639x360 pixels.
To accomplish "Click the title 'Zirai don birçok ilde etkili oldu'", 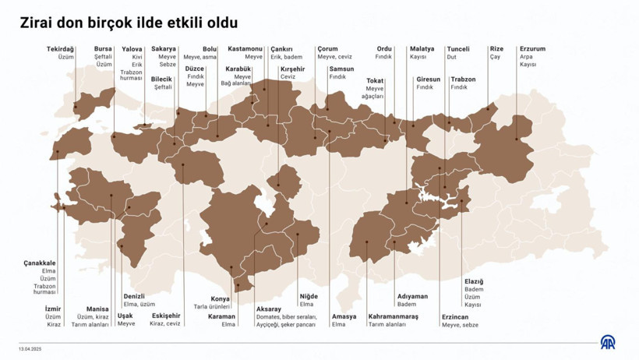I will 129,23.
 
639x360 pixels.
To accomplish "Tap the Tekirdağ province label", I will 60,49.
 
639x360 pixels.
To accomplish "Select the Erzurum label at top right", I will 533,49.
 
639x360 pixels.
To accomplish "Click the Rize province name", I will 496,49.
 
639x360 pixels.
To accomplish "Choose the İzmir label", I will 53,309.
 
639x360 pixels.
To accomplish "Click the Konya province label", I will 221,299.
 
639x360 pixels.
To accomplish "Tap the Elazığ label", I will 474,281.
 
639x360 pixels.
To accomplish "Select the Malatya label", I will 422,49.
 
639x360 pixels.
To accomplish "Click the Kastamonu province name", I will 245,49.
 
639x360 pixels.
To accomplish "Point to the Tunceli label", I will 458,49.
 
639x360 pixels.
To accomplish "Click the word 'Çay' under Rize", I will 495,57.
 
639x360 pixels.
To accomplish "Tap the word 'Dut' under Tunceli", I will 452,57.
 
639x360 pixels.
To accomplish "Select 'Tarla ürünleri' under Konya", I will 211,307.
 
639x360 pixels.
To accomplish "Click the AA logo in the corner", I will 607,342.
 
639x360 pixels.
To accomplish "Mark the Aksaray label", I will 269,309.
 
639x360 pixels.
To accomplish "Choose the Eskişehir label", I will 167,316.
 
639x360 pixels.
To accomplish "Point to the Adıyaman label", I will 412,296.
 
